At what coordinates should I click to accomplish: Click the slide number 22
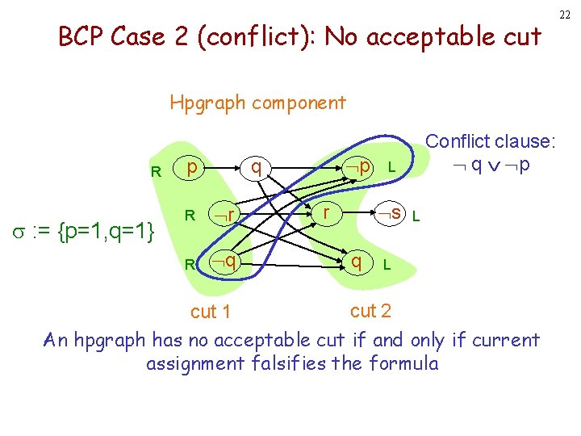[x=565, y=14]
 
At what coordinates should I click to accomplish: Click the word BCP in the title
[x=82, y=37]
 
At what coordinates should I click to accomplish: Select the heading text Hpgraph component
[x=257, y=103]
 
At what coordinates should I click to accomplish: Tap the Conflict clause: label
[x=491, y=141]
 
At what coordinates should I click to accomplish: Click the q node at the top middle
[x=255, y=166]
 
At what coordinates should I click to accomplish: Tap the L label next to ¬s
[x=416, y=216]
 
